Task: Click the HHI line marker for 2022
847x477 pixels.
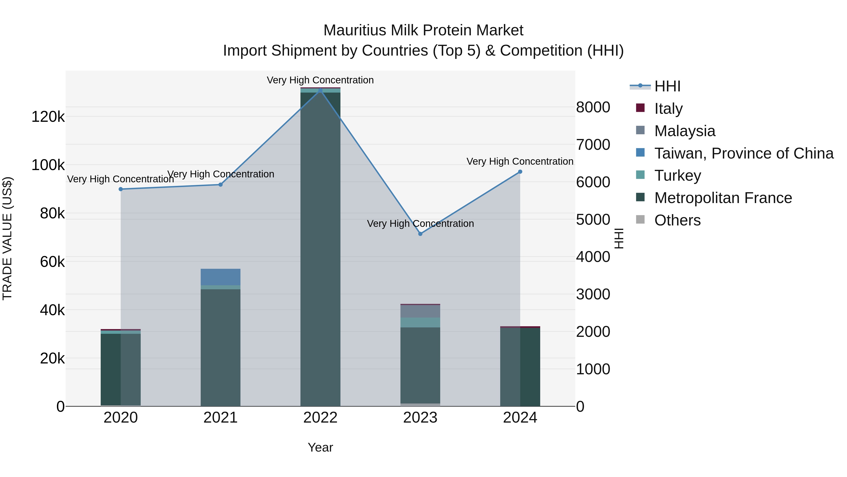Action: coord(320,90)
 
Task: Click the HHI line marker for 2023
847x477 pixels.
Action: coord(420,234)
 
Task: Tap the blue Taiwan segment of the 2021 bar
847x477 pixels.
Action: coord(220,277)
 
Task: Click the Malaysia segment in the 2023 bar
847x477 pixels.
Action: coord(420,311)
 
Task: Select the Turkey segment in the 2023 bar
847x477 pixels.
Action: coord(420,323)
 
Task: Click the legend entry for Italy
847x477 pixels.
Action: coord(668,109)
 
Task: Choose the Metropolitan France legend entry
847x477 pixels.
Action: coord(723,198)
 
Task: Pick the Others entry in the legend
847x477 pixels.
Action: coord(677,220)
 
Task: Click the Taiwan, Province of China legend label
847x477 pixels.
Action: coord(744,153)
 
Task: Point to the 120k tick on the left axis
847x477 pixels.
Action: coord(48,117)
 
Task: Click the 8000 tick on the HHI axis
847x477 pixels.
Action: coord(593,107)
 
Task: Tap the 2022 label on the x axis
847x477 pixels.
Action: coord(320,418)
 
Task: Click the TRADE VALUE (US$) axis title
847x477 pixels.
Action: coord(7,238)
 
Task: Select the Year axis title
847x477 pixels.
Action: coord(320,447)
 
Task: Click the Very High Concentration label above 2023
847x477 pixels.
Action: coord(420,224)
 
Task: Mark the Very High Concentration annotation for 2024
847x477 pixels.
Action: coord(520,161)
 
